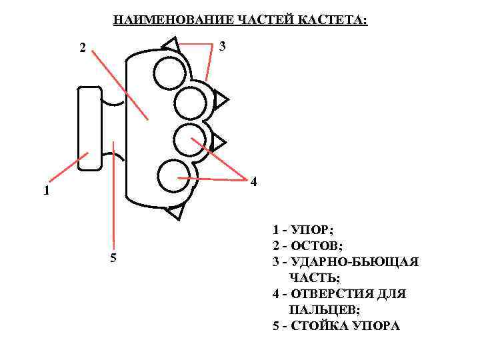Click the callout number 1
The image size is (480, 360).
(x=45, y=191)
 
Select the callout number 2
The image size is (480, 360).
(x=82, y=47)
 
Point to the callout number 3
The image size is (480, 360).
(x=222, y=46)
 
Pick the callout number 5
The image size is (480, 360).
(x=113, y=259)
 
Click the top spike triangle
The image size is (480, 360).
(x=171, y=45)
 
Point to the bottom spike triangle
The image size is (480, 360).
(x=175, y=211)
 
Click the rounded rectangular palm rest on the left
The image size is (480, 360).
(x=89, y=128)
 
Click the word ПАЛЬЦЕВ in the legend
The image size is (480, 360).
(x=323, y=310)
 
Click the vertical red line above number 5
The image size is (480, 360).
(x=114, y=193)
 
